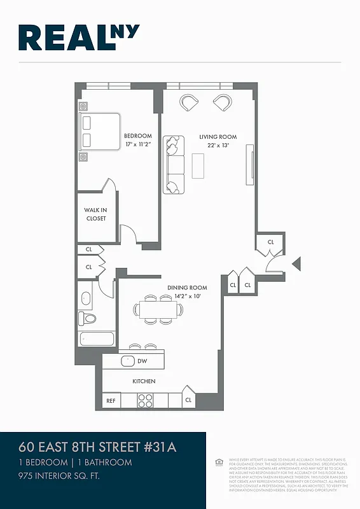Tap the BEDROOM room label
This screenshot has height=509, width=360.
[x=137, y=136]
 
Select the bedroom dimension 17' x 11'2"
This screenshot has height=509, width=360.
[x=137, y=145]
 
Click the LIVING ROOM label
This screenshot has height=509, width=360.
[x=218, y=137]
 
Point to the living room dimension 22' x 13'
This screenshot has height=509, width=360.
[x=218, y=146]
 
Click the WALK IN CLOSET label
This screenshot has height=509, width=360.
[x=96, y=214]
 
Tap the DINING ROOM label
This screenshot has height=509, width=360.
[x=187, y=288]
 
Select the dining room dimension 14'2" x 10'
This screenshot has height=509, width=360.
[x=187, y=296]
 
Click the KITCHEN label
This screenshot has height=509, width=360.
[x=144, y=381]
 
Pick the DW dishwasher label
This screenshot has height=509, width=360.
[x=142, y=361]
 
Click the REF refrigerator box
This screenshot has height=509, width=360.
[x=111, y=401]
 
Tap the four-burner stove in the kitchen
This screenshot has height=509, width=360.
[x=146, y=401]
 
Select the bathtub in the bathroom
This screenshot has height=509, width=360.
[x=96, y=338]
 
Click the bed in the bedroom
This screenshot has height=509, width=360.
[x=100, y=132]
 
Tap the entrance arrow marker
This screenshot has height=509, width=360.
[x=296, y=263]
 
